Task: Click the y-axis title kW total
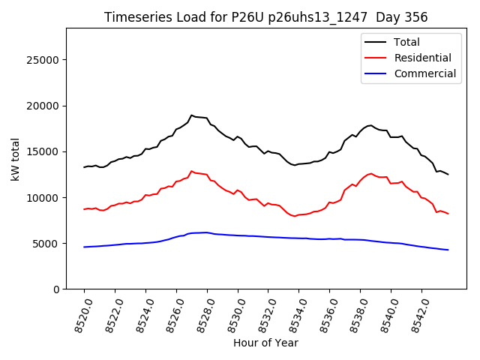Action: tap(16, 159)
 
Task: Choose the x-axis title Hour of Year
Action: tap(265, 343)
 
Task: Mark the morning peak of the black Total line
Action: tap(192, 115)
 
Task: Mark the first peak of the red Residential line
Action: tap(192, 171)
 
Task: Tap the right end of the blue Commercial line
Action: tap(448, 250)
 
